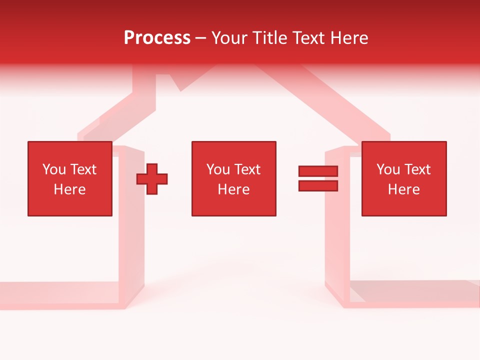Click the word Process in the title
(x=157, y=38)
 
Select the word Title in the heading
(x=270, y=38)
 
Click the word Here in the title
(x=349, y=38)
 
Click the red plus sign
(x=152, y=179)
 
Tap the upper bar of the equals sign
(x=318, y=171)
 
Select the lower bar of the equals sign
(x=318, y=186)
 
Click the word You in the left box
(x=54, y=169)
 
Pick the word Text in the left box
(x=83, y=169)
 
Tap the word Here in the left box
(x=69, y=189)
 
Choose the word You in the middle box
(x=218, y=169)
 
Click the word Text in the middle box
(x=247, y=169)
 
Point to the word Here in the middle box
(x=233, y=189)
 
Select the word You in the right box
(x=388, y=169)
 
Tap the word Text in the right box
(x=417, y=169)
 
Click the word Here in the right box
(x=403, y=189)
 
